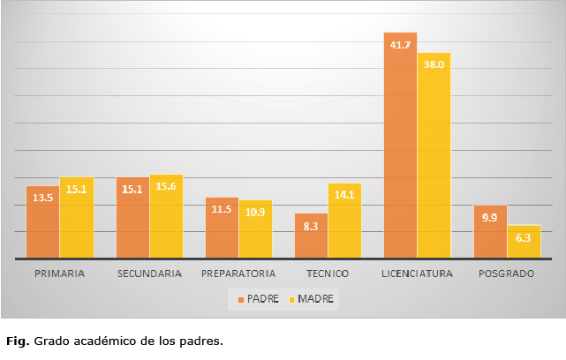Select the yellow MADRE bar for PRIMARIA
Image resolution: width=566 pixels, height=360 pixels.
[76, 218]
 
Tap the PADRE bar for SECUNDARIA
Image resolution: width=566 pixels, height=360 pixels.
[132, 218]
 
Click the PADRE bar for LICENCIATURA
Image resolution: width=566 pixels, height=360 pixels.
[400, 146]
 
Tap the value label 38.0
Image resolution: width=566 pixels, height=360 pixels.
[434, 64]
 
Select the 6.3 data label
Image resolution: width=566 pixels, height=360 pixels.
[523, 236]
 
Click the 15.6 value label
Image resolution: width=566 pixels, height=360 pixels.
[166, 186]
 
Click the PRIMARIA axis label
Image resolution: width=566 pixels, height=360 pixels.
[59, 274]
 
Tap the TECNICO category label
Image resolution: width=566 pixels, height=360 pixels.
[328, 274]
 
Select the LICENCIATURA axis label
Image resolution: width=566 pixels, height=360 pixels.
[417, 274]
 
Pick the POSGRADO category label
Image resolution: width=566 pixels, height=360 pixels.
[506, 274]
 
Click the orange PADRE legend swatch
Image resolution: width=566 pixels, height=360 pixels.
[241, 299]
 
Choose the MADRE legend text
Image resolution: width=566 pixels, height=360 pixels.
[316, 299]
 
